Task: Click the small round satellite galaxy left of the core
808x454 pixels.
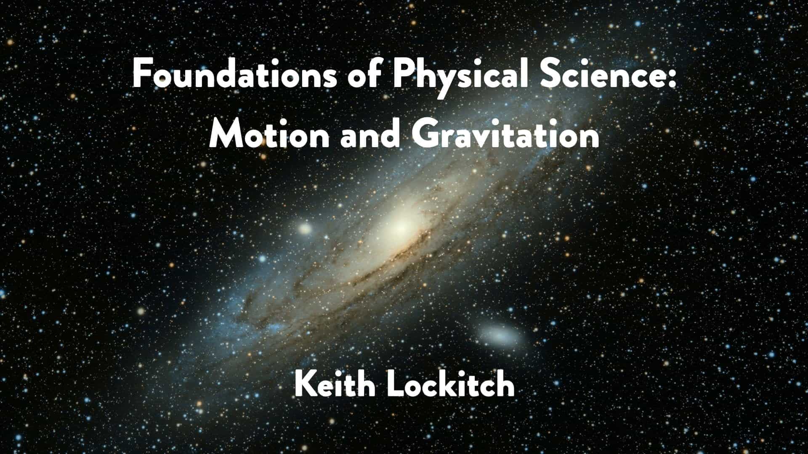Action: tap(305, 229)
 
